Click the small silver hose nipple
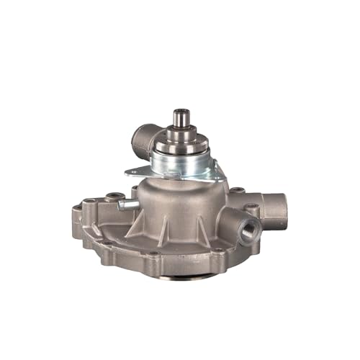coord(129,205)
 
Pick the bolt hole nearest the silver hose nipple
coord(112,196)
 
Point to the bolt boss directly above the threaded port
coord(251,210)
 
